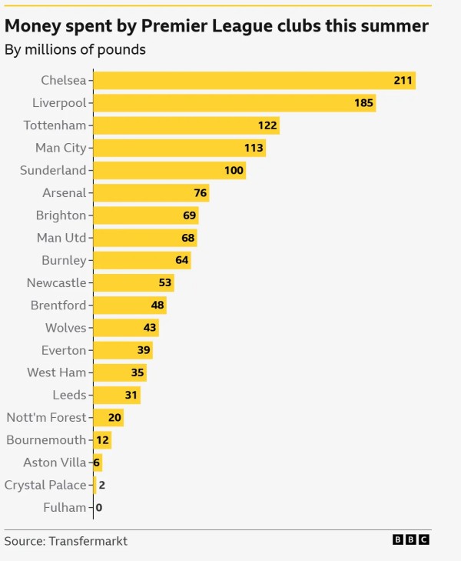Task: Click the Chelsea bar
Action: coord(254,80)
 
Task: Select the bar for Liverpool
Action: coord(234,102)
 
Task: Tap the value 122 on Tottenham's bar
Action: coord(267,125)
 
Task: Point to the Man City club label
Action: coord(61,148)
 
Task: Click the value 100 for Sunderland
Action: coord(234,170)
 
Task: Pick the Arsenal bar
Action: coord(151,192)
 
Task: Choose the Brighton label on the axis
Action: coord(61,215)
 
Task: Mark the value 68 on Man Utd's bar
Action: coord(188,238)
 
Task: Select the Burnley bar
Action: coord(141,260)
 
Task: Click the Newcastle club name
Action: coord(56,282)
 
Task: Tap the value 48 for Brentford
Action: coord(158,306)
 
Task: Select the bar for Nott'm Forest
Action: coord(108,418)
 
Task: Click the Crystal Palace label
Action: coord(45,485)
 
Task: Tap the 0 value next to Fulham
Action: coord(99,508)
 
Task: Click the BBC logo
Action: coord(411,540)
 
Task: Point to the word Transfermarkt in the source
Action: coord(88,541)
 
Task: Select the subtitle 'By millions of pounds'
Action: coord(75,51)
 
